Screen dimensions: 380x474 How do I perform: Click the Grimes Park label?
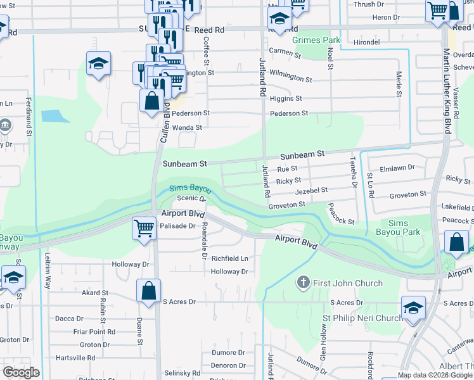pyautogui.click(x=316, y=40)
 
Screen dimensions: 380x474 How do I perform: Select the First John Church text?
pyautogui.click(x=349, y=283)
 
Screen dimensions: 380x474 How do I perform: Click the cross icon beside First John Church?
pyautogui.click(x=304, y=282)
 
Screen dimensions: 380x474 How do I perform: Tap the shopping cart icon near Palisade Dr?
pyautogui.click(x=144, y=228)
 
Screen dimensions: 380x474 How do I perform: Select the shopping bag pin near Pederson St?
pyautogui.click(x=152, y=101)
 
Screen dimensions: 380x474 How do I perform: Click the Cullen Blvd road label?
pyautogui.click(x=164, y=123)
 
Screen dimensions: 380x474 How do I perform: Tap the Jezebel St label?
pyautogui.click(x=311, y=190)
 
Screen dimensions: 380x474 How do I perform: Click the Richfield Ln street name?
pyautogui.click(x=229, y=258)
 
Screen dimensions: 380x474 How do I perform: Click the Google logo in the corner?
pyautogui.click(x=21, y=372)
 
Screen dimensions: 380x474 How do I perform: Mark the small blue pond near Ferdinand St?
pyautogui.click(x=55, y=116)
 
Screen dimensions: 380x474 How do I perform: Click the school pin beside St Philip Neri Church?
pyautogui.click(x=413, y=308)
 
